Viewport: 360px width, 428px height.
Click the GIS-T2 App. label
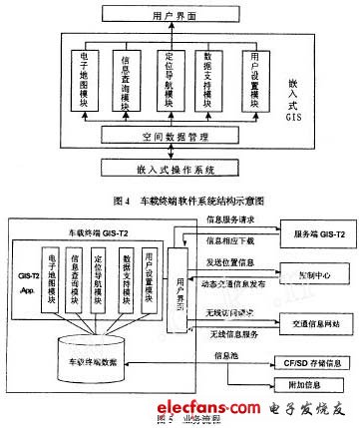[x=31, y=287]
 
